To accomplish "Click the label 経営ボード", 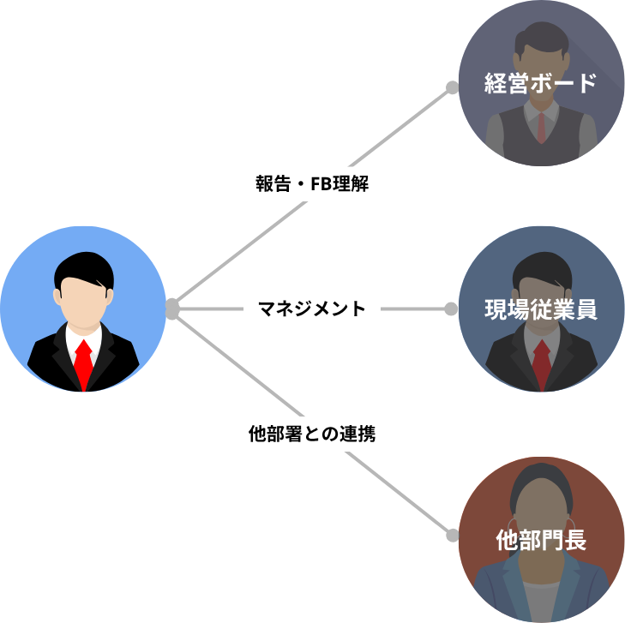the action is click(x=540, y=83).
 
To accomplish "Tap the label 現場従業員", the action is click(x=541, y=309).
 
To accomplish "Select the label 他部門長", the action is click(x=541, y=540).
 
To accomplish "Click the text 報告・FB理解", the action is click(x=312, y=183).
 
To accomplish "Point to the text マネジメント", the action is click(x=312, y=309).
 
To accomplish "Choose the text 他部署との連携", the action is click(x=312, y=434).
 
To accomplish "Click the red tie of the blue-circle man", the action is click(x=84, y=363).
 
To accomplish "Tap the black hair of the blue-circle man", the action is click(x=84, y=267).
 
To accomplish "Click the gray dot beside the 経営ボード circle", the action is click(x=453, y=87).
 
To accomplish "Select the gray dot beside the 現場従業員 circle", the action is click(x=451, y=309).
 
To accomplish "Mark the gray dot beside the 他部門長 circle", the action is click(x=453, y=536).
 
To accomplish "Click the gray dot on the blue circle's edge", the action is click(x=171, y=309).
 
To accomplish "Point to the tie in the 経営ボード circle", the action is click(x=541, y=128).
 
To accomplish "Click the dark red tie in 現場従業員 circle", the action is click(x=542, y=363).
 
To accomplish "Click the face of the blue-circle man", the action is click(x=84, y=303).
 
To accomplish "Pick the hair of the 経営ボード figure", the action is click(x=541, y=38).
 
